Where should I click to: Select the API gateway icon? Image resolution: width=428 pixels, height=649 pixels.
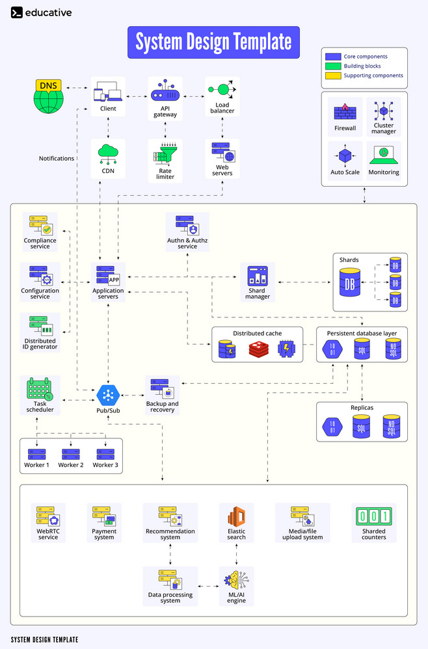(x=165, y=90)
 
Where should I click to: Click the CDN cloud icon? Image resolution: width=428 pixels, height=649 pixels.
(x=107, y=154)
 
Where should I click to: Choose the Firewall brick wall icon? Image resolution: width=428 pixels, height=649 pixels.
(x=345, y=111)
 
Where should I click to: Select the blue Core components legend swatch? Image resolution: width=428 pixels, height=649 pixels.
(x=333, y=57)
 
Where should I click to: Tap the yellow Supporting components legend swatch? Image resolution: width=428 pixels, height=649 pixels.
(x=333, y=75)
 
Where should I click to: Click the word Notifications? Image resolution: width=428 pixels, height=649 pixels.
(x=57, y=158)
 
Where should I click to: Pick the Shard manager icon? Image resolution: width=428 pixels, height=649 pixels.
(x=258, y=276)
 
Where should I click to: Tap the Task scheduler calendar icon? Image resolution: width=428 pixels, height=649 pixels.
(x=40, y=390)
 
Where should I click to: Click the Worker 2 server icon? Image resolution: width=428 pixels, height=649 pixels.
(x=71, y=453)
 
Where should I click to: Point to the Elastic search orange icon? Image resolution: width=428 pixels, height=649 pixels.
(x=236, y=518)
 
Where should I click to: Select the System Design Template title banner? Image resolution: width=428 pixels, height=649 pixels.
(x=213, y=42)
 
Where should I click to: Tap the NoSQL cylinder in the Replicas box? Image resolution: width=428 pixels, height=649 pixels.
(x=392, y=427)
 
